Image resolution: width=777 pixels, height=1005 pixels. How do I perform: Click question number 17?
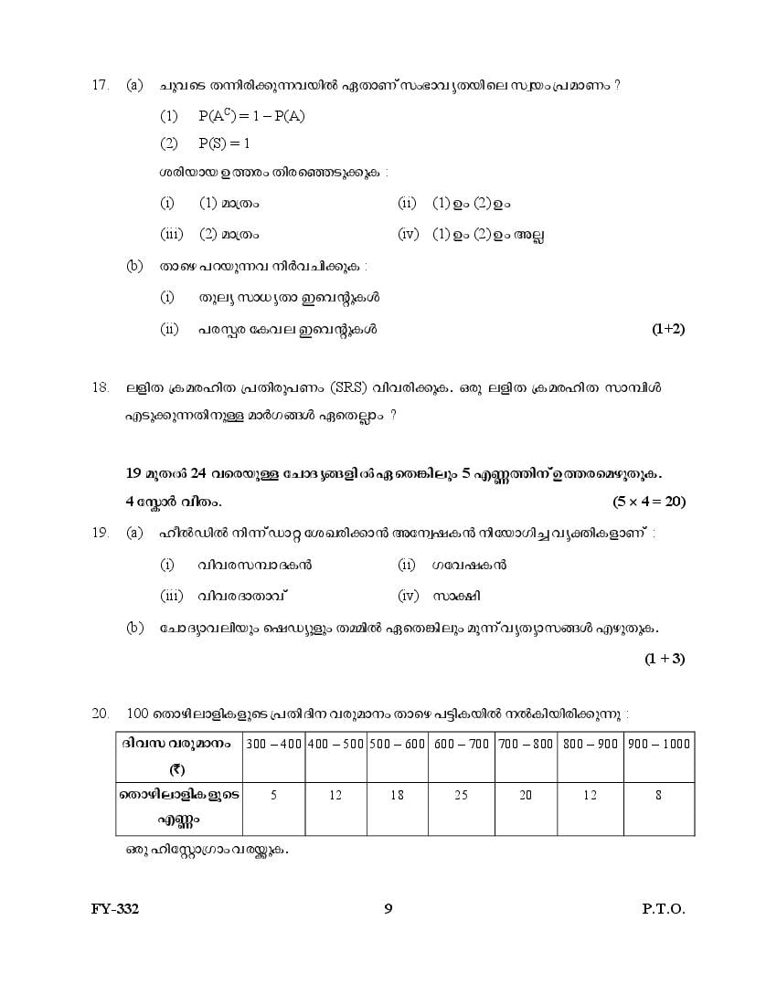pos(101,85)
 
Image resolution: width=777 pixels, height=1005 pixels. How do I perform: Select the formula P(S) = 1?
pos(223,143)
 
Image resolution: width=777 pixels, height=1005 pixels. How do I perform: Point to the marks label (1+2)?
pos(668,329)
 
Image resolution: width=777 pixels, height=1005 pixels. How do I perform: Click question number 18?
pos(101,387)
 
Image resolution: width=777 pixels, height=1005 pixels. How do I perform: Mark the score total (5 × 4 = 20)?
pos(649,501)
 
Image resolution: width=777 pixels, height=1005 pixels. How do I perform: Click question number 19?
pos(101,532)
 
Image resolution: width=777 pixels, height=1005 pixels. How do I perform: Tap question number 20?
pos(101,713)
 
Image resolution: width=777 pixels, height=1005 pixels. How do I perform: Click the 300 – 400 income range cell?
pos(273,744)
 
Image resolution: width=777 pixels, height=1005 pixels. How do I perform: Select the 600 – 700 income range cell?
pos(461,744)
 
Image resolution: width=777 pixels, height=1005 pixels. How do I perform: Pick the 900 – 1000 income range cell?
pos(658,744)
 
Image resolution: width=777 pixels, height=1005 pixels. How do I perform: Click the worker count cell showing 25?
pos(461,796)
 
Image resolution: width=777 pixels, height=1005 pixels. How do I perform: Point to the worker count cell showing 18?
pos(397,796)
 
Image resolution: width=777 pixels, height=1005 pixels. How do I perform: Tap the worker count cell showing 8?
pos(658,796)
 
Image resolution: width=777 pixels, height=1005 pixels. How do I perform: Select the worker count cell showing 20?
pos(525,796)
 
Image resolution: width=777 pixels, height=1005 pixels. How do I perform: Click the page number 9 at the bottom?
pos(388,909)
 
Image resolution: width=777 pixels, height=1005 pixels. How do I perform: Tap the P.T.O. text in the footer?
pos(663,909)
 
